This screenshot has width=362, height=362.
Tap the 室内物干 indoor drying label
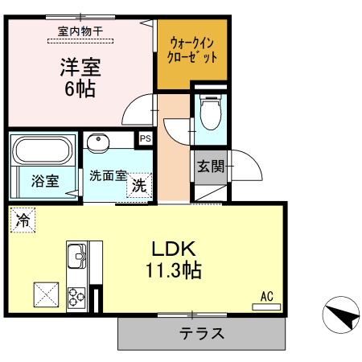[x=80, y=31]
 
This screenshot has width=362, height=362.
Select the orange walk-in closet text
[x=192, y=50]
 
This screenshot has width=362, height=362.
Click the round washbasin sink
[x=99, y=143]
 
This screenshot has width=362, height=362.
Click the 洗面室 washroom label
[x=108, y=175]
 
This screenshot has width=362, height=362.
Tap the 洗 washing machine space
[x=140, y=184]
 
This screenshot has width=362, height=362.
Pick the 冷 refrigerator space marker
[x=23, y=218]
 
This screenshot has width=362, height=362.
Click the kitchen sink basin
[x=78, y=256]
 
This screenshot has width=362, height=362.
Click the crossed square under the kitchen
[x=44, y=294]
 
